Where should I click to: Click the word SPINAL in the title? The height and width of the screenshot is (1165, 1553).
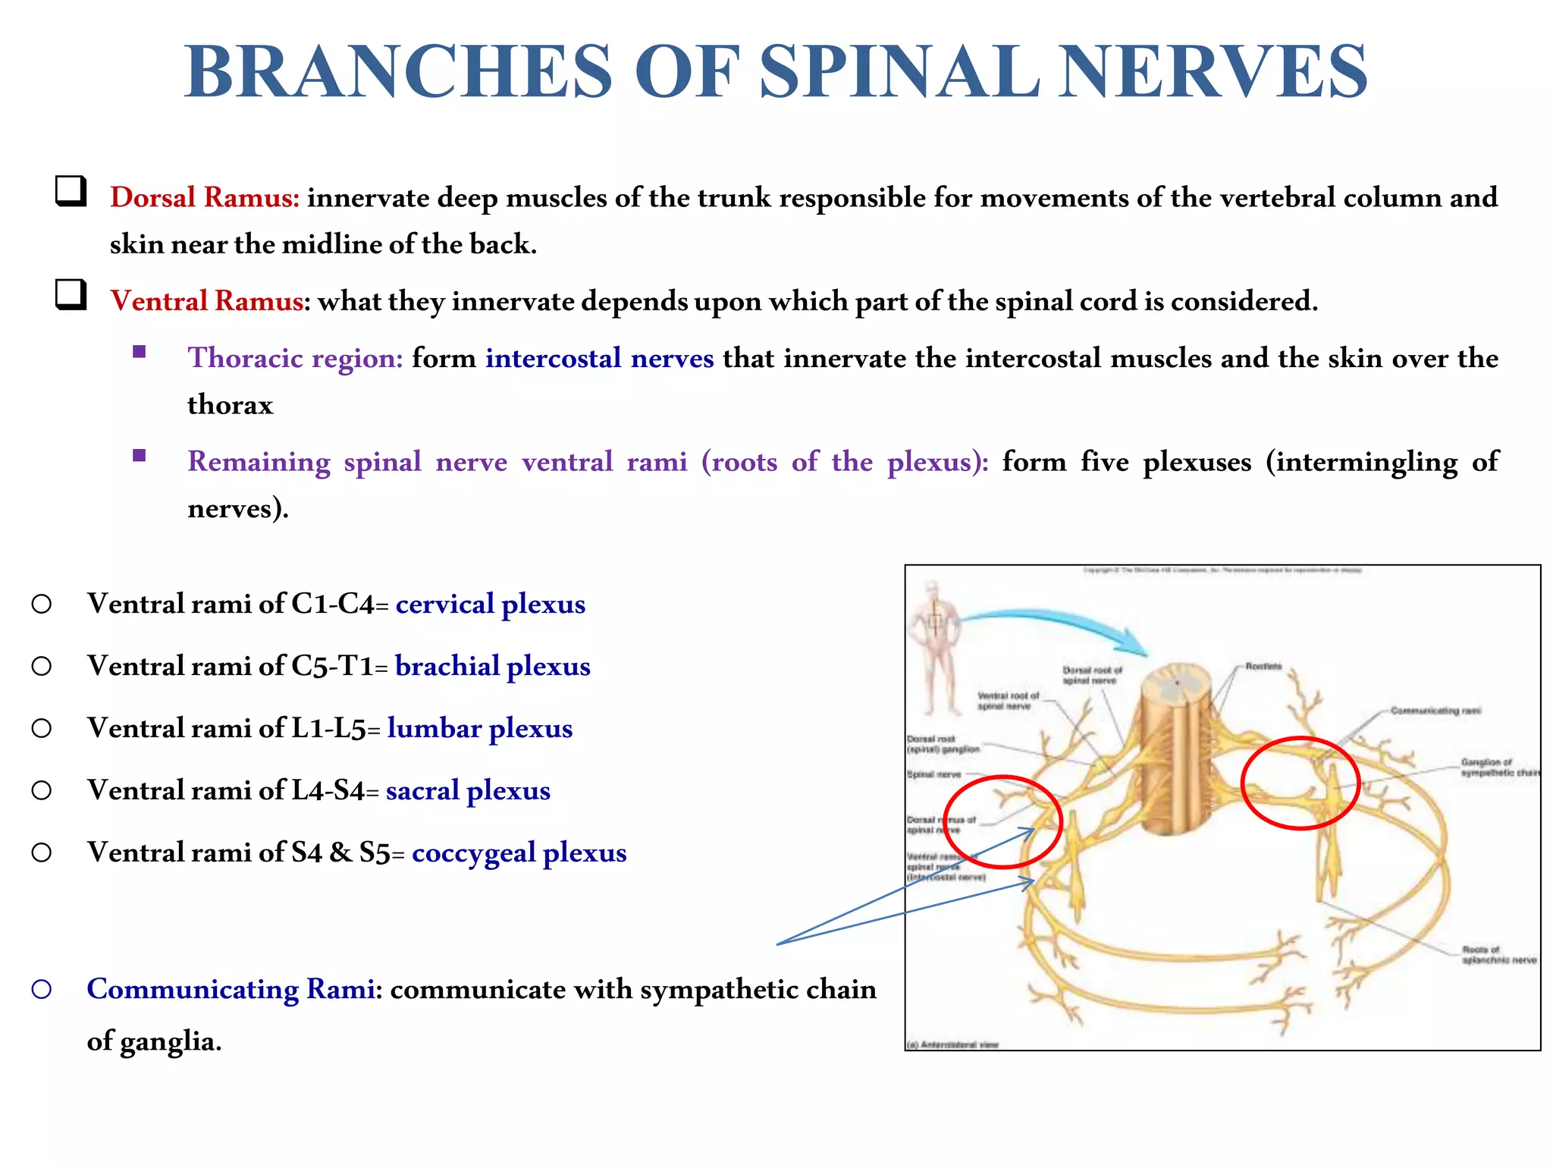(899, 72)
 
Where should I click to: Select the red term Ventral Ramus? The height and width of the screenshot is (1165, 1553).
(206, 301)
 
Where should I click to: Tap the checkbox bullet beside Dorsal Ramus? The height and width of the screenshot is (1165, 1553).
(71, 191)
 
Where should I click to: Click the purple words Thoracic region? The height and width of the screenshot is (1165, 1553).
(295, 358)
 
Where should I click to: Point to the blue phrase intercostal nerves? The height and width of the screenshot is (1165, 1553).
(599, 358)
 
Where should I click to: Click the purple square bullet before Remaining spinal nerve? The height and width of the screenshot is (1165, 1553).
(139, 456)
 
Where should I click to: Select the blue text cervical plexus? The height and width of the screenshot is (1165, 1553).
(490, 604)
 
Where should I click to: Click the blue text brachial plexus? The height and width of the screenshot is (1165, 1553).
(492, 667)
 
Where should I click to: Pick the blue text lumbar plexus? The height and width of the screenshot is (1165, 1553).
(479, 729)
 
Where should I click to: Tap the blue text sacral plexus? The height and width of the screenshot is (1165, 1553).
(468, 791)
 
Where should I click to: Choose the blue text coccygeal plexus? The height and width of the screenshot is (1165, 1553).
(519, 853)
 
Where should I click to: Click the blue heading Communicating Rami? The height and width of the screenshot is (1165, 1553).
(231, 990)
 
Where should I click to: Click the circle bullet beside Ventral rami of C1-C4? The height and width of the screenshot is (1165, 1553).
(42, 604)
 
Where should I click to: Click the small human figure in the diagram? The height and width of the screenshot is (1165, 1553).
(936, 648)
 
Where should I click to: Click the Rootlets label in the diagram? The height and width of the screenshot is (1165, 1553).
(1263, 667)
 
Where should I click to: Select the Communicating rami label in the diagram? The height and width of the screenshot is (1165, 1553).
(1435, 711)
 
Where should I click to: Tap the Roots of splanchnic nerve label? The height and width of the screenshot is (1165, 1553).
(1498, 955)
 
